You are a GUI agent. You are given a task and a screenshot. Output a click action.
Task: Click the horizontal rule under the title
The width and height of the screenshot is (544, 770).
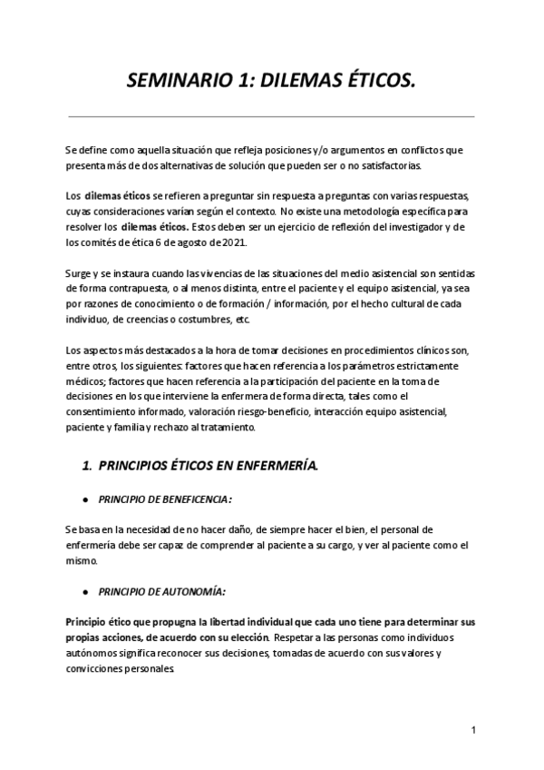point(272,116)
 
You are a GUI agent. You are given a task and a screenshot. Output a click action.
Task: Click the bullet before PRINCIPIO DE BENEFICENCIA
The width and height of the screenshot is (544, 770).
point(83,499)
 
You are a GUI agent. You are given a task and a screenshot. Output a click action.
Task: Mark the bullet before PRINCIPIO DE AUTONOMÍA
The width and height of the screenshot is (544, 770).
point(83,592)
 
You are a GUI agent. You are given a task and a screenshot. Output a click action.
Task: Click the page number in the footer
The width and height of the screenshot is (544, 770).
point(473,730)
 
